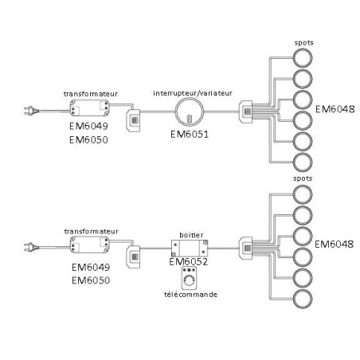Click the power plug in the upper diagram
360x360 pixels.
pyautogui.click(x=32, y=111)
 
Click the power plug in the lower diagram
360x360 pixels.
pyautogui.click(x=32, y=247)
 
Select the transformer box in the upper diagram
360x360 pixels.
pyautogui.click(x=90, y=108)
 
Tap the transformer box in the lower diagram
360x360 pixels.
pyautogui.click(x=90, y=245)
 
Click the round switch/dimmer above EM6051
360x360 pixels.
pyautogui.click(x=190, y=112)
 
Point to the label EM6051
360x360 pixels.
pyautogui.click(x=190, y=135)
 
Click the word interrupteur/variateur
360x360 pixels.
pyautogui.click(x=193, y=93)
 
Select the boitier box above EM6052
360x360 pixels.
pyautogui.click(x=190, y=248)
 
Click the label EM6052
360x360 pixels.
pyautogui.click(x=189, y=262)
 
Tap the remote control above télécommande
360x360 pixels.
pyautogui.click(x=189, y=278)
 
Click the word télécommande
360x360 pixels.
pyautogui.click(x=190, y=295)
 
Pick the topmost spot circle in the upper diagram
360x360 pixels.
pyautogui.click(x=303, y=58)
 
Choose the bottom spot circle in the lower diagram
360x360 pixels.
pyautogui.click(x=303, y=299)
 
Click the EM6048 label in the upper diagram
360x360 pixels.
pyautogui.click(x=335, y=109)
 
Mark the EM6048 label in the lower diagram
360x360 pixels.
pyautogui.click(x=335, y=245)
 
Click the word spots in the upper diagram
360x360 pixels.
pyautogui.click(x=304, y=43)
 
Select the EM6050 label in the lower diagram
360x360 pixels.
pyautogui.click(x=91, y=280)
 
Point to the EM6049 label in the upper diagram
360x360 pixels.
pyautogui.click(x=88, y=126)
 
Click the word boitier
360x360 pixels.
pyautogui.click(x=191, y=235)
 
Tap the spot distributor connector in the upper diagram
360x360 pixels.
pyautogui.click(x=246, y=112)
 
